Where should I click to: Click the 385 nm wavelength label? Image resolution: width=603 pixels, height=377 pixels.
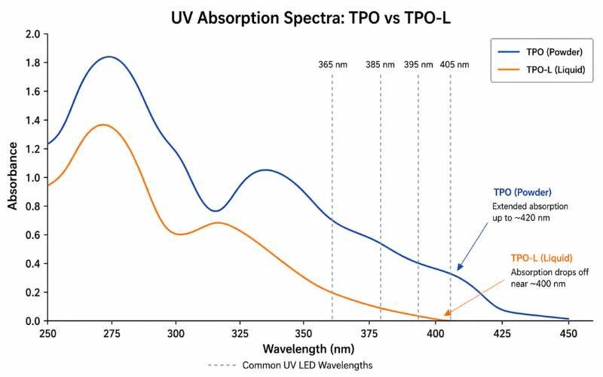pos(380,65)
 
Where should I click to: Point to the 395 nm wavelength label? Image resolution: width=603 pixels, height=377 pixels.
pos(418,65)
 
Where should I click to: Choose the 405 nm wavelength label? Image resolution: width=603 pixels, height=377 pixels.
pos(454,65)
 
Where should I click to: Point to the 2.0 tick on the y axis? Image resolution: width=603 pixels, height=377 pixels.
pos(32,35)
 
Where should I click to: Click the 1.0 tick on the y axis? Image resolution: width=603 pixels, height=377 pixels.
pos(32,178)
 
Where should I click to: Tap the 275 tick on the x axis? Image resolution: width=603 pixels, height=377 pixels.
pos(112,332)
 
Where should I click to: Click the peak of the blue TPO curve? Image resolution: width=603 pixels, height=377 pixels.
pos(109,57)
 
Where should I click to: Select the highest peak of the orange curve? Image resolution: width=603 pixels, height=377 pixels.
pos(103,124)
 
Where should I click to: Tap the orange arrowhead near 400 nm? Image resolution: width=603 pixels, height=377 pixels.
pos(448,314)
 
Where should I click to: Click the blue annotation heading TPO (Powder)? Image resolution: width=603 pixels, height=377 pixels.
pos(522,192)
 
